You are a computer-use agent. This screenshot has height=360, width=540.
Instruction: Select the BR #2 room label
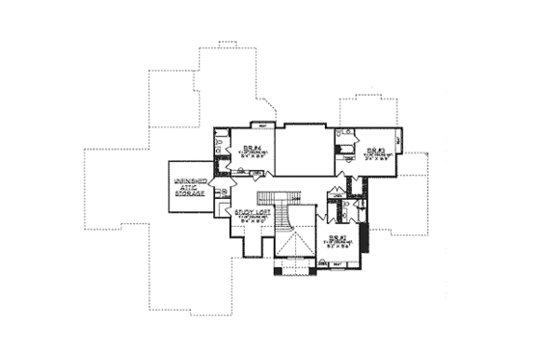click(334, 235)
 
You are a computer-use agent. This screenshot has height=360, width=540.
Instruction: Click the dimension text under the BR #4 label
click(250, 156)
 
